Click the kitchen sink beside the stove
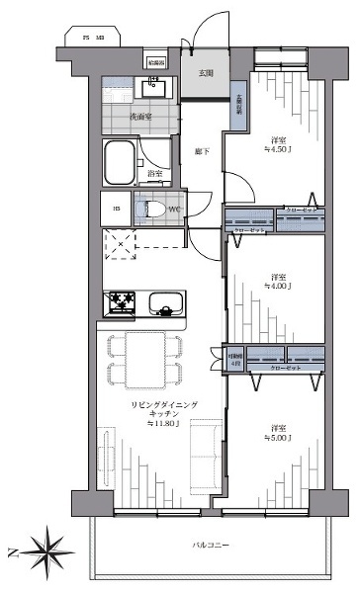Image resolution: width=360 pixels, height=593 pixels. [163, 301]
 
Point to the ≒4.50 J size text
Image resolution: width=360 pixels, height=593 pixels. [282, 150]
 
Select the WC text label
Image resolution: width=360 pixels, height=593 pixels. [172, 210]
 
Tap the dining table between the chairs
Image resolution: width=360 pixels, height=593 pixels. [143, 360]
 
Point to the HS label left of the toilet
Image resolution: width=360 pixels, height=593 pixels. [116, 209]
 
